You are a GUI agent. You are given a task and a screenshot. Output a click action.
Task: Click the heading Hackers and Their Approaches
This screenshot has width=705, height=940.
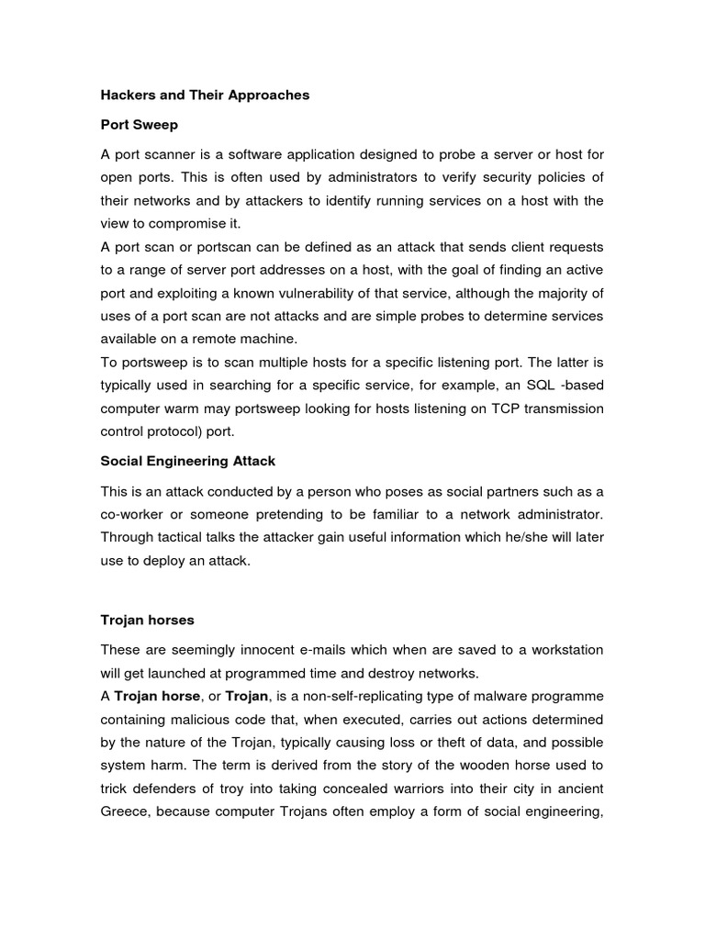[205, 95]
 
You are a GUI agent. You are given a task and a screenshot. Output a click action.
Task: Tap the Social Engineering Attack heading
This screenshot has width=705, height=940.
[187, 460]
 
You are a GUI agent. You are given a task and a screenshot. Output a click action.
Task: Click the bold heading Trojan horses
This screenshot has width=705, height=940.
[147, 620]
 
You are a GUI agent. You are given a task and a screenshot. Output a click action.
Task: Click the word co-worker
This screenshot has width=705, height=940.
[135, 512]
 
